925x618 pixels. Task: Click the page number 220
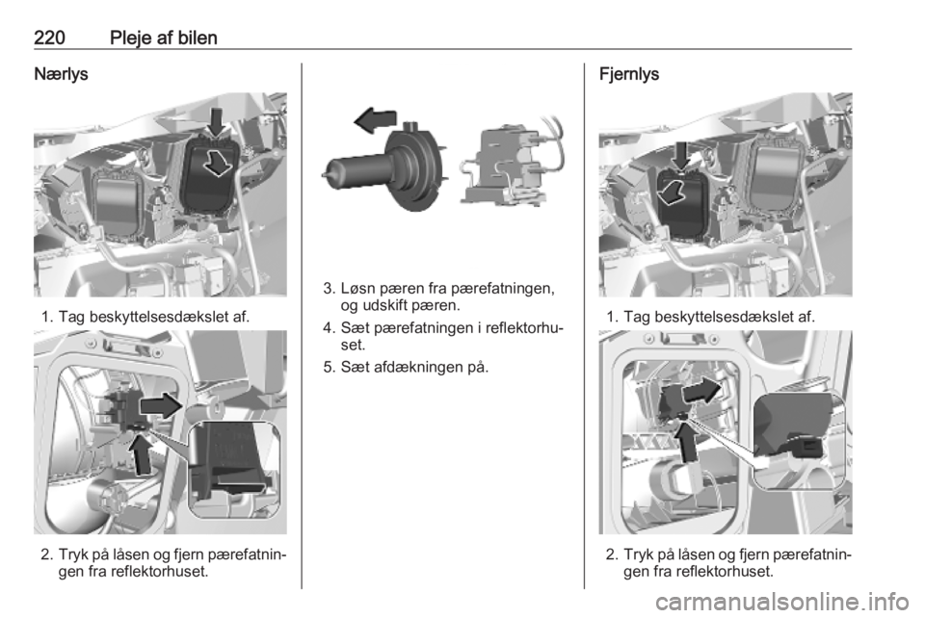(49, 38)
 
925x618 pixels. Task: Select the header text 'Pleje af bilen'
(164, 38)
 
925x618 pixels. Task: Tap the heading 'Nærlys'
(61, 74)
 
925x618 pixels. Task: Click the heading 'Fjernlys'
(629, 74)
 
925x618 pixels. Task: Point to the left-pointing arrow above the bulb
(375, 119)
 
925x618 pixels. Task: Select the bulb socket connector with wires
(511, 166)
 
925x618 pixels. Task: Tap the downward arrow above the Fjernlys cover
(682, 156)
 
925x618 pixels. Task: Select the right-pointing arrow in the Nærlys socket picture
(161, 405)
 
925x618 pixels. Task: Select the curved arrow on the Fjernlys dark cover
(672, 193)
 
